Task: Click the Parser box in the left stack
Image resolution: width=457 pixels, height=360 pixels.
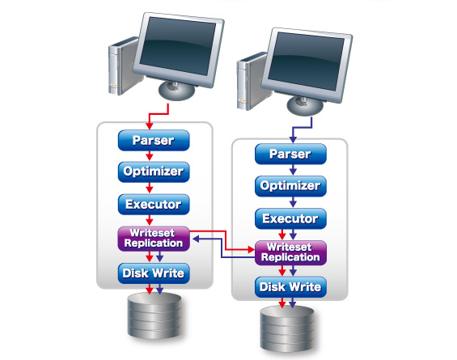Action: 154,140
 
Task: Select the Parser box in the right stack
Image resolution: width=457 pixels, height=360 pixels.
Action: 290,154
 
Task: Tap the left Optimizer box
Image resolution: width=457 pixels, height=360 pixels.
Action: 154,172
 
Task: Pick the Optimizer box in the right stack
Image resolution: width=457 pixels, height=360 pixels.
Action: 290,186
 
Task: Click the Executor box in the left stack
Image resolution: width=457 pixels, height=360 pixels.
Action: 154,205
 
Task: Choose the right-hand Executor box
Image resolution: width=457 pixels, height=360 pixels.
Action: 290,218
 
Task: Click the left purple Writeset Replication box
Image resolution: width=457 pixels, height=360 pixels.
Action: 154,239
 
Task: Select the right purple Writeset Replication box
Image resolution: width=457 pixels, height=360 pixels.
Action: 290,252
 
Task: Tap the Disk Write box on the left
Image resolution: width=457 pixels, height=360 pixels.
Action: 154,273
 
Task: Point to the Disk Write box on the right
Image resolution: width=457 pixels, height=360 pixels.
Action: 290,287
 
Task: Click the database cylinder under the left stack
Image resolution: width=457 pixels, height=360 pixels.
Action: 154,316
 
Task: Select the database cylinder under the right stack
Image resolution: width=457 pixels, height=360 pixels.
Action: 287,328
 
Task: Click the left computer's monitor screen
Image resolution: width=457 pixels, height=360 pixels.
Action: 178,45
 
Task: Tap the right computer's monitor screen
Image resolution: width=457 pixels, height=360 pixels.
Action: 306,61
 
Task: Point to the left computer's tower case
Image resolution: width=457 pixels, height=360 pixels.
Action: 122,66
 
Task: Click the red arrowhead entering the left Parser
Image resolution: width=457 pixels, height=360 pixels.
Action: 150,126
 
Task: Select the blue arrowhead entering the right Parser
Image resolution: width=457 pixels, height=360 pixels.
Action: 293,140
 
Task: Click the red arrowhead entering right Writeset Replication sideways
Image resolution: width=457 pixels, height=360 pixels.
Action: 251,249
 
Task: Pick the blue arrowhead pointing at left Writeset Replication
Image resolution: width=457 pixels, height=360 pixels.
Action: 196,239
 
